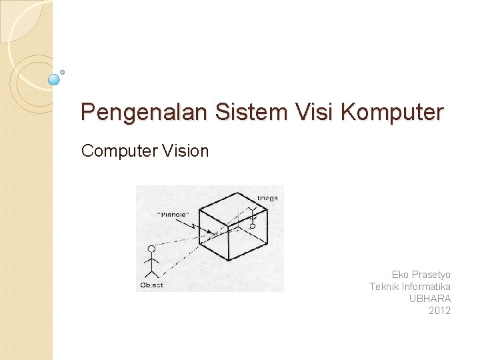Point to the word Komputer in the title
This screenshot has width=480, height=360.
pos(391,112)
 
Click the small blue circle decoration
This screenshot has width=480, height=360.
pos(55,79)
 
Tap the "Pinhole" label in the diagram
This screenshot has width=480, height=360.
pos(174,215)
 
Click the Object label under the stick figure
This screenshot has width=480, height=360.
pos(151,285)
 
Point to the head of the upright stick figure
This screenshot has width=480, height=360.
pos(151,249)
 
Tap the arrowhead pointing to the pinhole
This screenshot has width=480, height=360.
pos(211,233)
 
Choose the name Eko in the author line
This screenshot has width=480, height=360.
pos(400,275)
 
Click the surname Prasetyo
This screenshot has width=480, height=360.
pos(431,275)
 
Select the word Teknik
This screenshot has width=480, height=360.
pos(383,287)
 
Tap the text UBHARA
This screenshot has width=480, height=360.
pos(430,299)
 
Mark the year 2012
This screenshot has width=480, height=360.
pos(440,311)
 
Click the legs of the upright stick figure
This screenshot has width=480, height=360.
pos(152,273)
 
